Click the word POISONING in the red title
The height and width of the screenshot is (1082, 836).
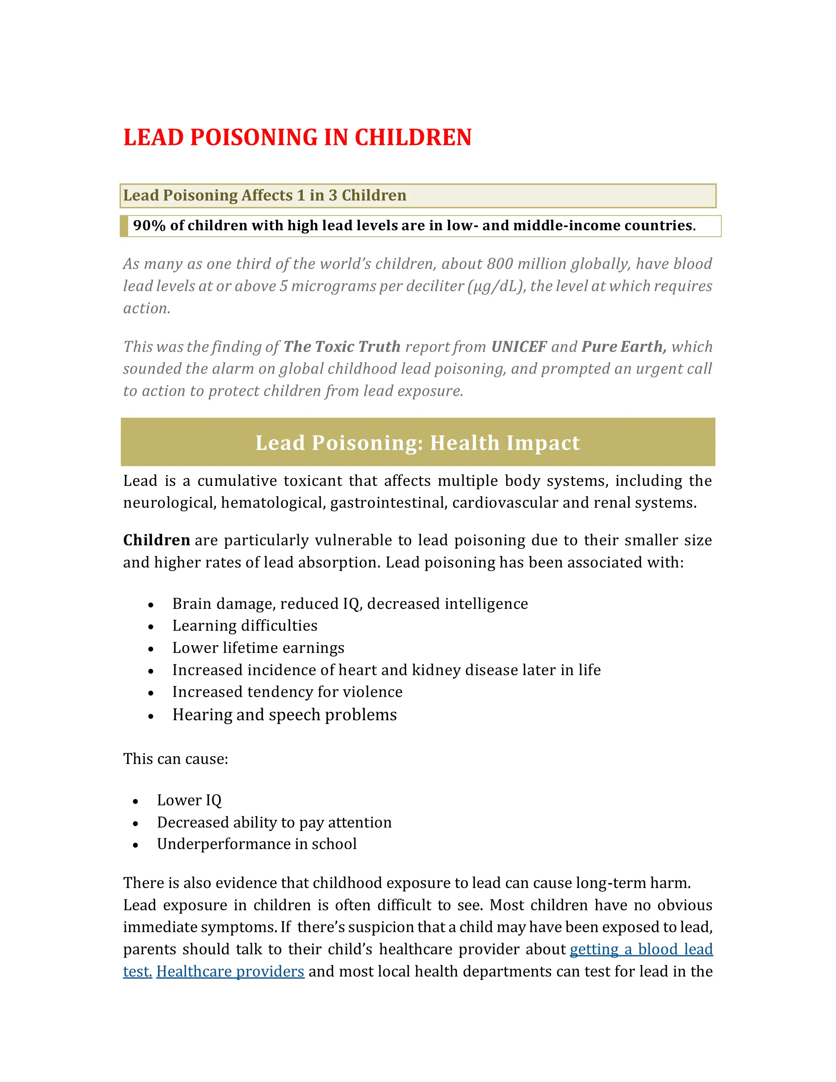tap(253, 138)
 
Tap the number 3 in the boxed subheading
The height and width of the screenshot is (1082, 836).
tap(333, 196)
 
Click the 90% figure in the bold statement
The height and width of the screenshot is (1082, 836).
tap(149, 226)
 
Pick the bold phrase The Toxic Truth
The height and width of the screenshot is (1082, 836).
tap(342, 347)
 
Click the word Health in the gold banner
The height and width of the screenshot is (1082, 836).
tap(465, 443)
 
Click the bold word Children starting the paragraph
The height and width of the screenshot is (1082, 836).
tap(156, 540)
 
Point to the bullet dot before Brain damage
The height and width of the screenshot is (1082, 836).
tap(151, 606)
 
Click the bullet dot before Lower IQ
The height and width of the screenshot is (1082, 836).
tap(136, 801)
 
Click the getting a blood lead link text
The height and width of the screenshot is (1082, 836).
tap(641, 949)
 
